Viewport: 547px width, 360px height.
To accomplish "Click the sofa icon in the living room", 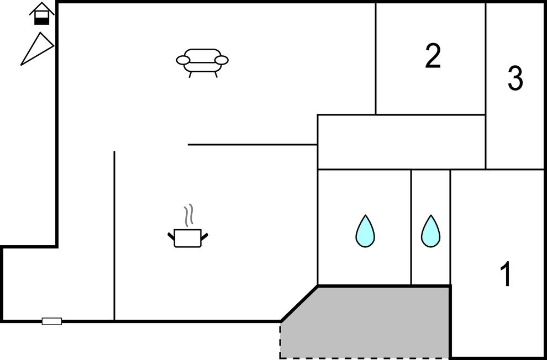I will [202, 61].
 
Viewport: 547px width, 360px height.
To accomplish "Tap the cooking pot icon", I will [188, 238].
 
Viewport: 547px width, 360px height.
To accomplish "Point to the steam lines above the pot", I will [189, 215].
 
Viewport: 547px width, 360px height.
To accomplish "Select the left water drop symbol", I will [365, 231].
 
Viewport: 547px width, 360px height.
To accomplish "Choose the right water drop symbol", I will [430, 231].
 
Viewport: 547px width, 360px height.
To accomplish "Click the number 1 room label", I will [505, 274].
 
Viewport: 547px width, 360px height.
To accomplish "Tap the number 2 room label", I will [433, 56].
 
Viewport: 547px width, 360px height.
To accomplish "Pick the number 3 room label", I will [515, 78].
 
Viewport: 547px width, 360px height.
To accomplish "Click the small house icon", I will [42, 13].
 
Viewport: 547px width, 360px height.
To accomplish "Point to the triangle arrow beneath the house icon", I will [37, 49].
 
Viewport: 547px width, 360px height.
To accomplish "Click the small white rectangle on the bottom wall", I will [52, 321].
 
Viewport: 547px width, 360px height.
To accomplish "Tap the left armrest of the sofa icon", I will [183, 60].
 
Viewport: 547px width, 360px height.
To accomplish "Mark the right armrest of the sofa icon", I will [222, 60].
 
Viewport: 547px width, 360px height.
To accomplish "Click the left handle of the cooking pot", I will [171, 237].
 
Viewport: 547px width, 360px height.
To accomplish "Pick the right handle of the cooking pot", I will [204, 237].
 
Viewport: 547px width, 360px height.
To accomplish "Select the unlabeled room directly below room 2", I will [401, 142].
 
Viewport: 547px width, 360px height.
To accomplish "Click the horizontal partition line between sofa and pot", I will [252, 145].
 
